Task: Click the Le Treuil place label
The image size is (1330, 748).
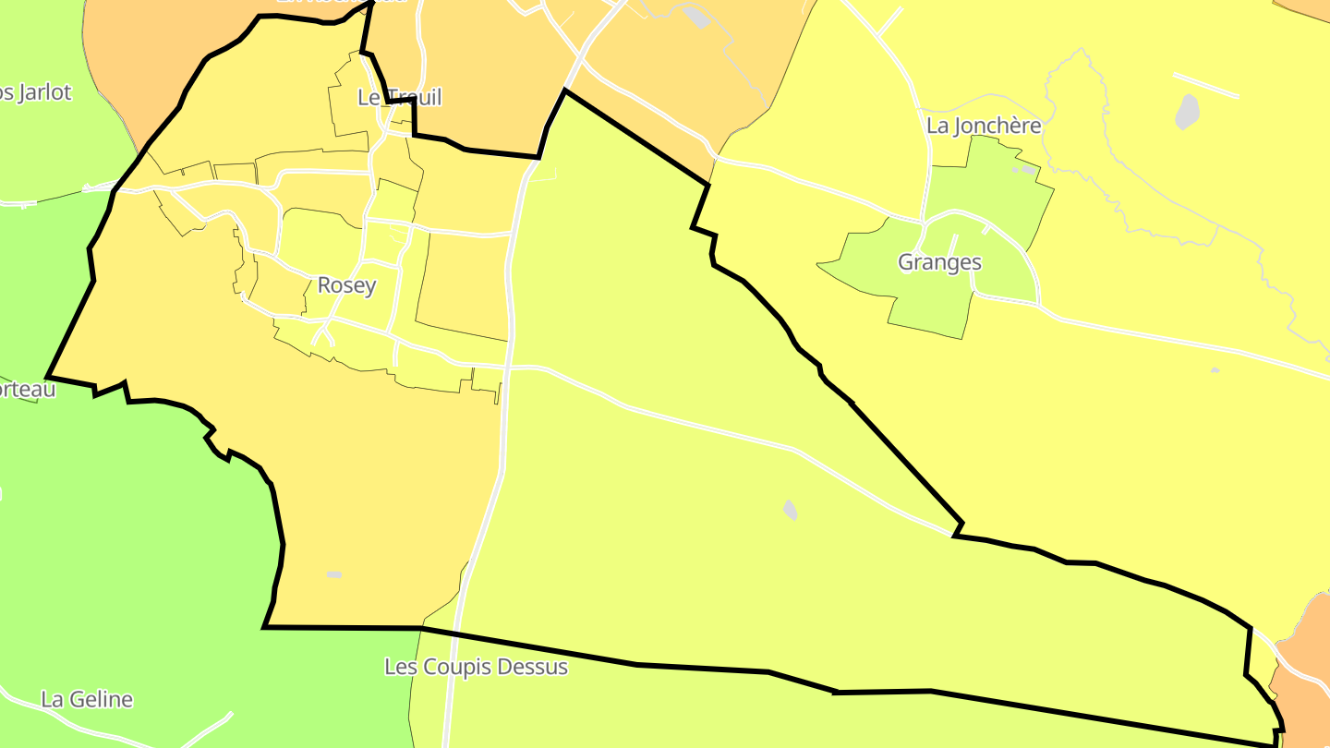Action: pyautogui.click(x=400, y=97)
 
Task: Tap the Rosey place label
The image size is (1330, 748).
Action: pyautogui.click(x=346, y=285)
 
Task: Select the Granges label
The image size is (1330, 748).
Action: pyautogui.click(x=939, y=262)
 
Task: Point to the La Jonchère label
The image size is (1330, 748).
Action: pyautogui.click(x=984, y=126)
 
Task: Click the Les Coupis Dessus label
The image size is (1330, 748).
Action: pyautogui.click(x=476, y=667)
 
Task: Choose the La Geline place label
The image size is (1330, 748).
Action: pyautogui.click(x=87, y=700)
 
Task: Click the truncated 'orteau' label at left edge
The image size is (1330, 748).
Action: pyautogui.click(x=28, y=390)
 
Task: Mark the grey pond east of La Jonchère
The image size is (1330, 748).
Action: pyautogui.click(x=1187, y=112)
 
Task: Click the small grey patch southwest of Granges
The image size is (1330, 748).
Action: pyautogui.click(x=790, y=510)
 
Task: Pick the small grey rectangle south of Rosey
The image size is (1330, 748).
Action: pyautogui.click(x=333, y=574)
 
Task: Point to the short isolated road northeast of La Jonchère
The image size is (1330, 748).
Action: pyautogui.click(x=1205, y=85)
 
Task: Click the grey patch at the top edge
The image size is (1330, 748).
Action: pyautogui.click(x=698, y=16)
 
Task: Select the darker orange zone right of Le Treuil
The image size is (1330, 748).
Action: pyautogui.click(x=480, y=74)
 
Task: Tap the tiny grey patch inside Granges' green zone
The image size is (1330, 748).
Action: pyautogui.click(x=1026, y=170)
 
